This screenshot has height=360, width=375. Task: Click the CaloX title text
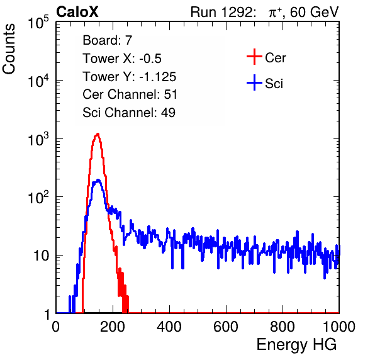pos(77,12)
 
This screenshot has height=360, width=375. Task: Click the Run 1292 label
pos(221,12)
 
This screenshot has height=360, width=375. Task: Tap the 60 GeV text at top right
pos(315,12)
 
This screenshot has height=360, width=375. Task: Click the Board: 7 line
pos(108,40)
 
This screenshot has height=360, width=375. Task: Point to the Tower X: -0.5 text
pos(122,59)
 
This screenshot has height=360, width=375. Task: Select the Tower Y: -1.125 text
pos(130,77)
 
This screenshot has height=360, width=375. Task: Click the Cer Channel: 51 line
pos(130,94)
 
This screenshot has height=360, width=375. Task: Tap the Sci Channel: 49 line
pos(129,112)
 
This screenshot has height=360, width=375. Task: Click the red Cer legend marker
pos(254,57)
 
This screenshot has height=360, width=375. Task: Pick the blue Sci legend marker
pos(254,82)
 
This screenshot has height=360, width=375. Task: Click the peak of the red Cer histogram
pos(98,134)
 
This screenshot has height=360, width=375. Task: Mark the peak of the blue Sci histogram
pos(98,180)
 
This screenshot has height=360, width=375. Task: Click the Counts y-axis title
pos(9,48)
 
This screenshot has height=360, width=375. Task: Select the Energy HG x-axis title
pos(296,345)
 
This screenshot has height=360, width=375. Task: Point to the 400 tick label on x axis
pos(169,327)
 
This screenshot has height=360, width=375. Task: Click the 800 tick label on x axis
pos(283,327)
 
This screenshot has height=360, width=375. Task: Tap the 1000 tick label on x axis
pos(339,327)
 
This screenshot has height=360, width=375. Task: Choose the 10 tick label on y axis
pos(42,256)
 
